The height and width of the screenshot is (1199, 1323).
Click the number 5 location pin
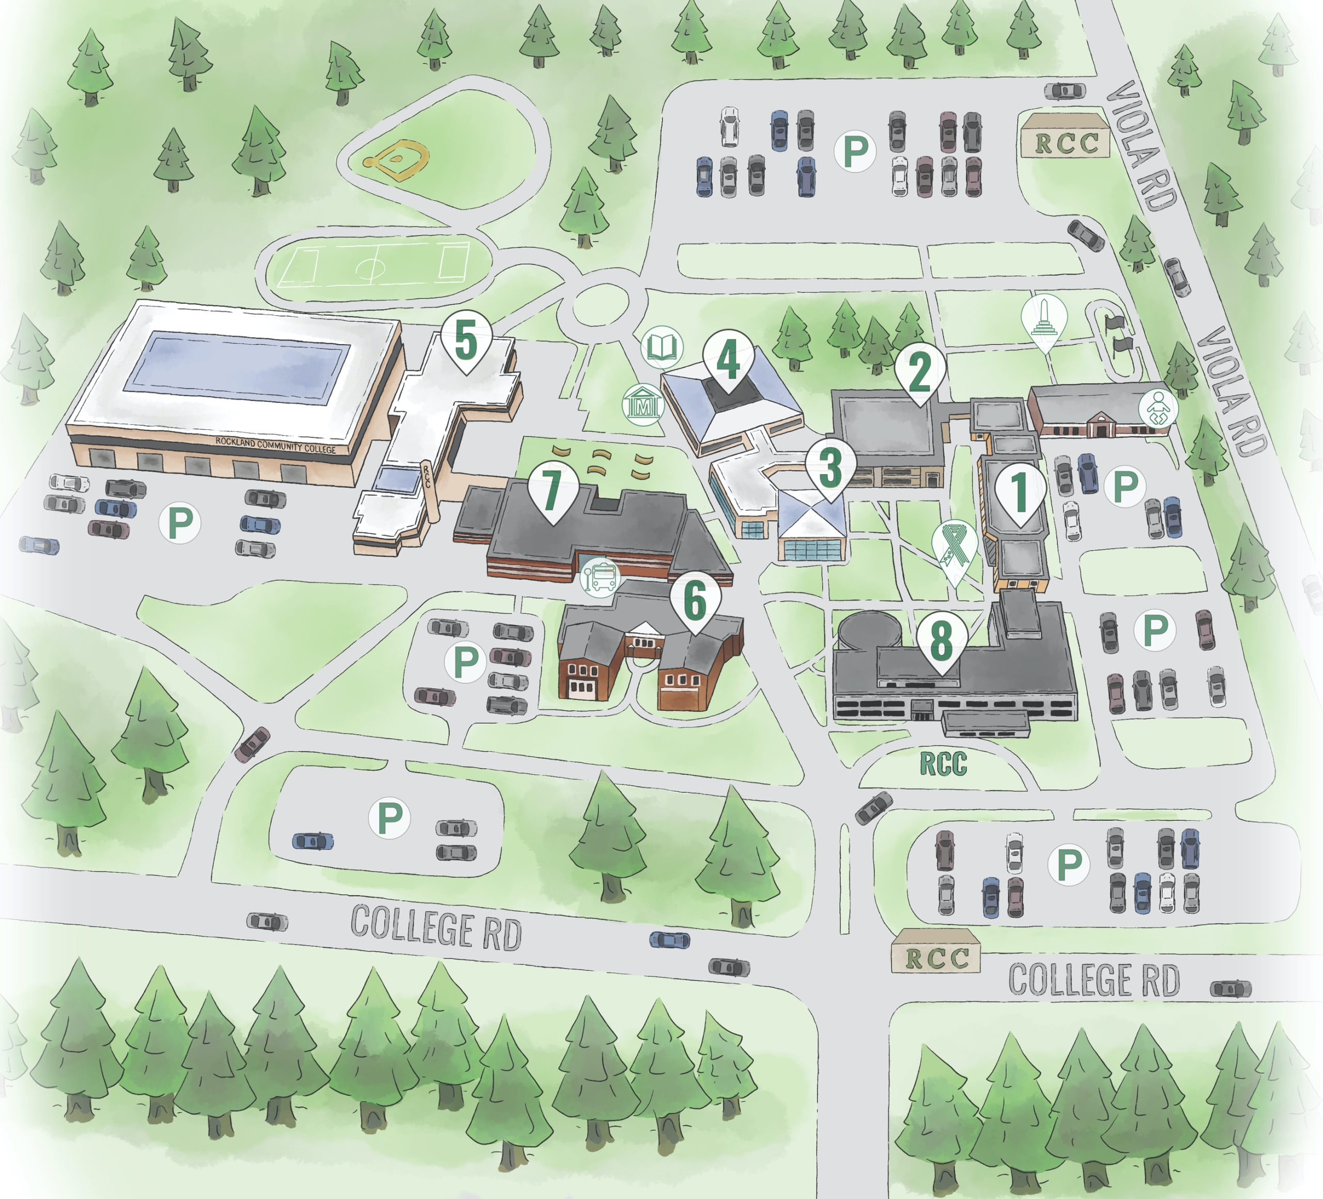click(466, 342)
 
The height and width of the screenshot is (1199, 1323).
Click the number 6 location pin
click(695, 600)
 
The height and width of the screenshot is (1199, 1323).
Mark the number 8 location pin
click(942, 641)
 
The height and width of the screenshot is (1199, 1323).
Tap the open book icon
click(661, 346)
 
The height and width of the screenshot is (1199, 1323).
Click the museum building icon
click(643, 404)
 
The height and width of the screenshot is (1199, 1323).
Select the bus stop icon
click(600, 577)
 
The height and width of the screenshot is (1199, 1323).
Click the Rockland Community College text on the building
click(275, 445)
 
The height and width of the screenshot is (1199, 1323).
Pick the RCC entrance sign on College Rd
click(936, 958)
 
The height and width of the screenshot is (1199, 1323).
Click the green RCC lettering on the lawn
click(943, 764)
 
